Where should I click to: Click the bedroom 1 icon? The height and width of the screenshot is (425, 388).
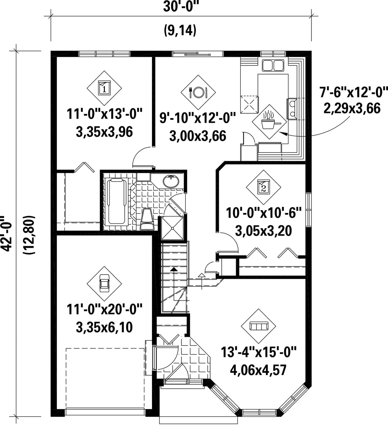coord(104,88)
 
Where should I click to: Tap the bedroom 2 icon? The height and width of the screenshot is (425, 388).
coord(264,187)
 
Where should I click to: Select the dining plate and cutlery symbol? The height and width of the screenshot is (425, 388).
coord(198,92)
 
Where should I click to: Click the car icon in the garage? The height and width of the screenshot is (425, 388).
coord(104,283)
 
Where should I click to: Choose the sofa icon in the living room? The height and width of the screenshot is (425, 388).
coord(259,326)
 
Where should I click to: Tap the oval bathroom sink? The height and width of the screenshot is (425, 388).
coord(171,181)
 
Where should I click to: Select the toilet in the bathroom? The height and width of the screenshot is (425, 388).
coord(147,220)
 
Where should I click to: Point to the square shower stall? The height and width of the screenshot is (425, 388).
coord(173,228)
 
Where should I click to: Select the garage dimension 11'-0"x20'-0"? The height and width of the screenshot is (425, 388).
coord(104,309)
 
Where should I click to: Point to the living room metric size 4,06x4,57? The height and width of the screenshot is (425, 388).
coord(258,370)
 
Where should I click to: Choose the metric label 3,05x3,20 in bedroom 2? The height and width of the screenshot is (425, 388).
coord(263,231)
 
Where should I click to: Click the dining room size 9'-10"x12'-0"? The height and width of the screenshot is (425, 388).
coord(198,119)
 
